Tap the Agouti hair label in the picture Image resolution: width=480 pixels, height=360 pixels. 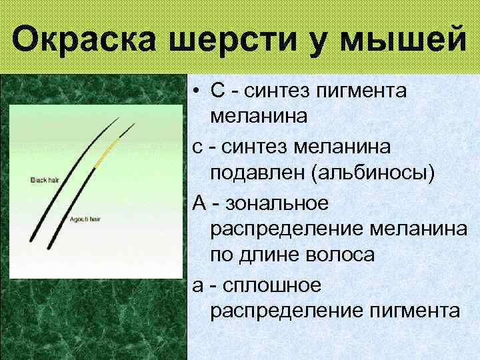pos(85,219)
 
